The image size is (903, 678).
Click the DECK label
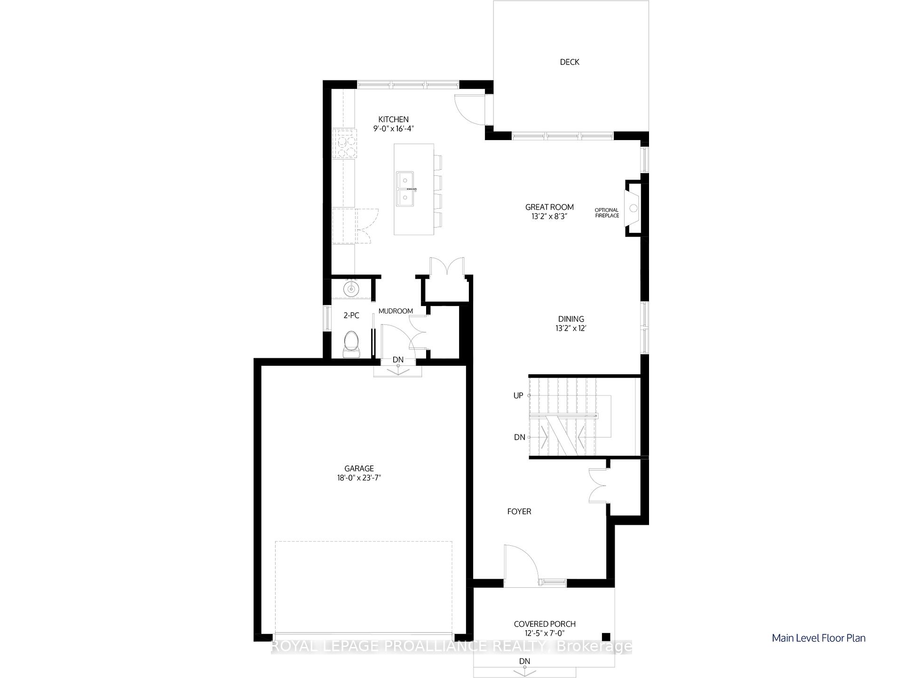pyautogui.click(x=570, y=62)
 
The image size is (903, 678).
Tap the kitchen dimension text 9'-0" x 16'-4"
pyautogui.click(x=394, y=128)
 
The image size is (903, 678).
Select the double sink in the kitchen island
pyautogui.click(x=405, y=189)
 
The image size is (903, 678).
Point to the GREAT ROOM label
pyautogui.click(x=549, y=207)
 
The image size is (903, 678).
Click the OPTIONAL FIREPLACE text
pyautogui.click(x=607, y=213)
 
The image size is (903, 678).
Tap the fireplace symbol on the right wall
pyautogui.click(x=634, y=208)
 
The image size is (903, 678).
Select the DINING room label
pyautogui.click(x=571, y=319)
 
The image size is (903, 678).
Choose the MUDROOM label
pyautogui.click(x=396, y=311)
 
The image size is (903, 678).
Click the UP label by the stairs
pyautogui.click(x=518, y=395)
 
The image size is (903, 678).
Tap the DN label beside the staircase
pyautogui.click(x=519, y=437)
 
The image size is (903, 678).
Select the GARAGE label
pyautogui.click(x=359, y=468)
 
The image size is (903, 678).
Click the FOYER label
pyautogui.click(x=519, y=512)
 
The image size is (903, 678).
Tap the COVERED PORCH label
pyautogui.click(x=545, y=624)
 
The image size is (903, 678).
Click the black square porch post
pyautogui.click(x=606, y=637)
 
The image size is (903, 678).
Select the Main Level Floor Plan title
pyautogui.click(x=818, y=638)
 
